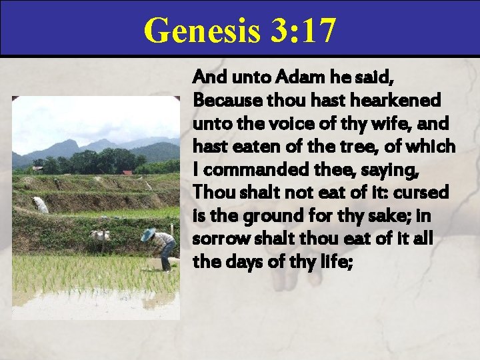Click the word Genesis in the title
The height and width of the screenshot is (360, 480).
click(193, 31)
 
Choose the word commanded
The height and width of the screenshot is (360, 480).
click(244, 167)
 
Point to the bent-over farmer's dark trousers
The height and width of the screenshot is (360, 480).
click(168, 252)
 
